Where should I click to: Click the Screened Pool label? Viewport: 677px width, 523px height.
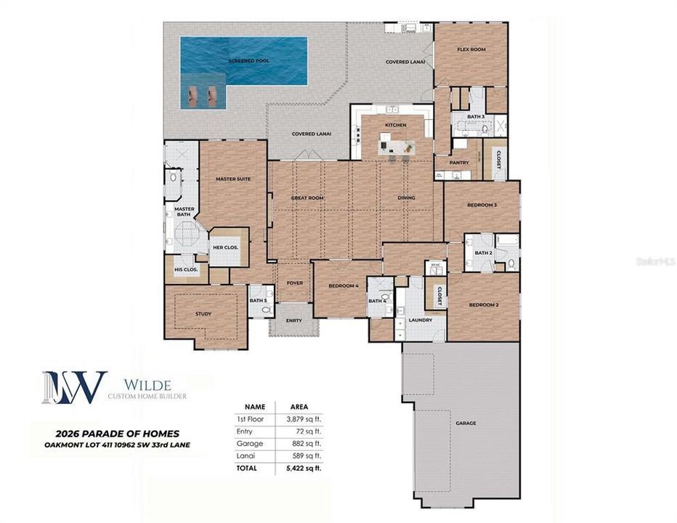(248, 61)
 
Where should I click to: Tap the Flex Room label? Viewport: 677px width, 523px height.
(471, 49)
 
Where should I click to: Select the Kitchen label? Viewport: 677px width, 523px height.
(396, 126)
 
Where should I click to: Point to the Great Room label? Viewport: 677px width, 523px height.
(307, 198)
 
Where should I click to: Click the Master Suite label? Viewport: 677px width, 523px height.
(233, 178)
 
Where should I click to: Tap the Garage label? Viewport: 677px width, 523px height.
(466, 423)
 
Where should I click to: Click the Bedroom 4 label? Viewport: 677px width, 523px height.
(344, 285)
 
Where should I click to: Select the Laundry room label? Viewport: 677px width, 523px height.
(420, 320)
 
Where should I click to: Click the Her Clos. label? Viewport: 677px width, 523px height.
(225, 247)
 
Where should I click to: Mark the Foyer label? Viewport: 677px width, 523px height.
(294, 283)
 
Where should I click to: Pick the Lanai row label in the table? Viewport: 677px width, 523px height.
(245, 455)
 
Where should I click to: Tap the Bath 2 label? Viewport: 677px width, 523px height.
(483, 253)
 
